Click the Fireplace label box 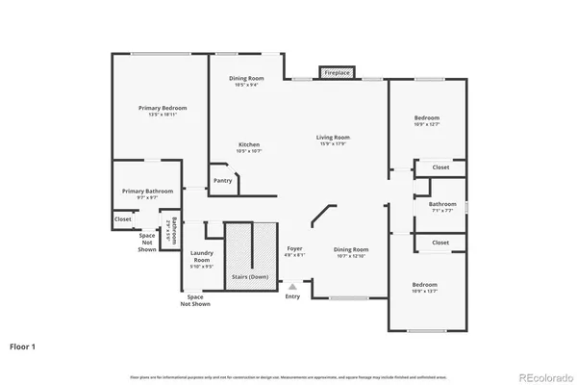(x=337, y=72)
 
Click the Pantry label (x=222, y=181)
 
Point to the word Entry (x=292, y=296)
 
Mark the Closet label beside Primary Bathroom (x=123, y=219)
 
